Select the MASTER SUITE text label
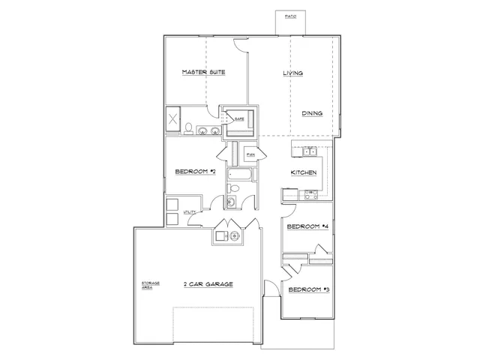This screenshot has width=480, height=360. (204, 73)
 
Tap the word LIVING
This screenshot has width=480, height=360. (292, 73)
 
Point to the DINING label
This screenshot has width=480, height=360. (312, 113)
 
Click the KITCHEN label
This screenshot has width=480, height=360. (304, 172)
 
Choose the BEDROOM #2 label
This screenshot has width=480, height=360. (196, 172)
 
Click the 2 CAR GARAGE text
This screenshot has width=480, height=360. (208, 284)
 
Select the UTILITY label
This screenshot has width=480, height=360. (190, 212)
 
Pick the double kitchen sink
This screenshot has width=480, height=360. (310, 152)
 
